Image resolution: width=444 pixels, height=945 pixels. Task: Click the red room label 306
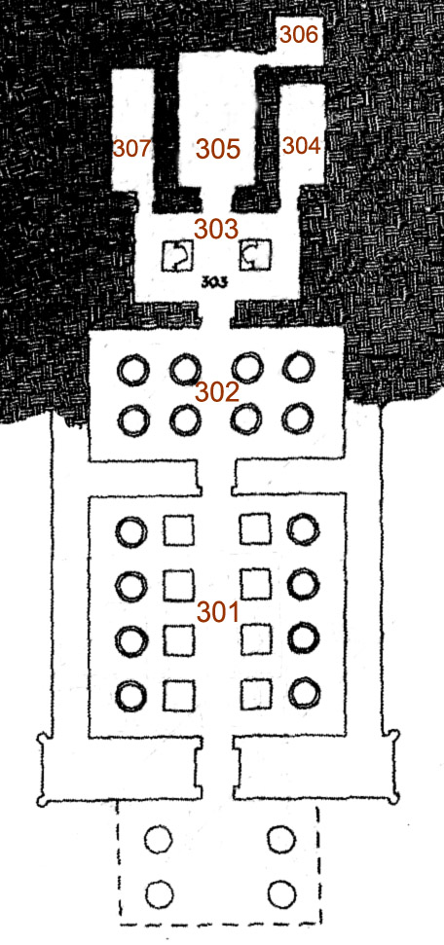pyautogui.click(x=299, y=36)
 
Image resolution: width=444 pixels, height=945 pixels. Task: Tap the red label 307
pyautogui.click(x=132, y=148)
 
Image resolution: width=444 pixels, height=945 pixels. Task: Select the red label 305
pyautogui.click(x=218, y=149)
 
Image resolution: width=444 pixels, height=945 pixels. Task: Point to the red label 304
pyautogui.click(x=302, y=145)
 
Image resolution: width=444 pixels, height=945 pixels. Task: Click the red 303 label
pyautogui.click(x=216, y=229)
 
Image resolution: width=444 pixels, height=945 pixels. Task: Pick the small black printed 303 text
pyautogui.click(x=215, y=281)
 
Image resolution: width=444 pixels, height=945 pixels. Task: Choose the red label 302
pyautogui.click(x=216, y=393)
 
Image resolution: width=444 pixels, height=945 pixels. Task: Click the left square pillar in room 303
pyautogui.click(x=177, y=256)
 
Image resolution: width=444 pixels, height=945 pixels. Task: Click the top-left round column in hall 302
pyautogui.click(x=132, y=370)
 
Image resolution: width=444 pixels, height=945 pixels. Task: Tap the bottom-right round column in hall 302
pyautogui.click(x=298, y=419)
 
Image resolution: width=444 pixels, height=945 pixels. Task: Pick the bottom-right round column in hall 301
pyautogui.click(x=304, y=694)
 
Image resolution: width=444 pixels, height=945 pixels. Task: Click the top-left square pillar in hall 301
pyautogui.click(x=179, y=529)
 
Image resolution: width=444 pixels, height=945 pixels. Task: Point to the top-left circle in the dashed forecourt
pyautogui.click(x=159, y=839)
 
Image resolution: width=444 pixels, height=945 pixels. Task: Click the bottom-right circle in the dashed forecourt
pyautogui.click(x=281, y=894)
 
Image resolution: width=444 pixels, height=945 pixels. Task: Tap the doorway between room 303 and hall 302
pyautogui.click(x=215, y=315)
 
